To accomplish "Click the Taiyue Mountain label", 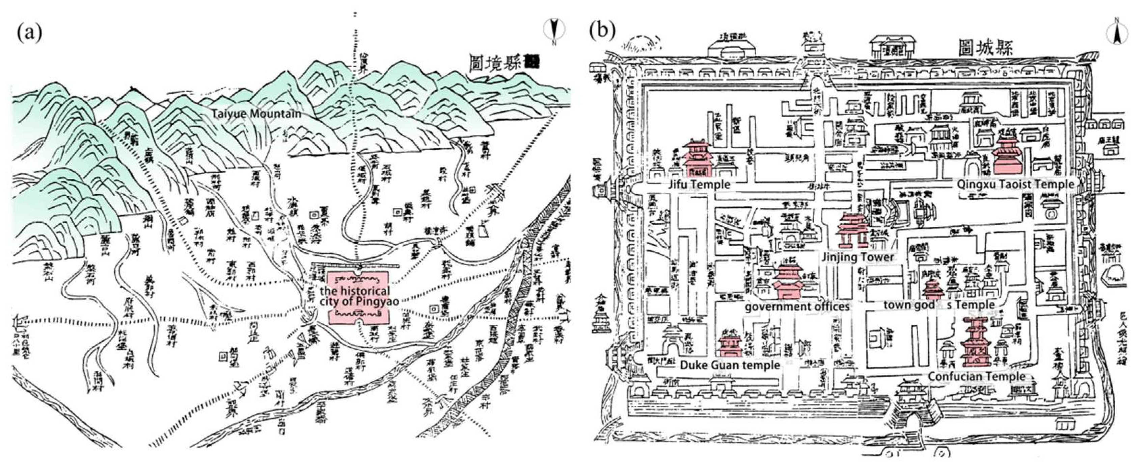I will tap(256, 114).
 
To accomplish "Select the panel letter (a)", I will tap(29, 32).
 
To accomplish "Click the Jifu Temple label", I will tap(699, 184).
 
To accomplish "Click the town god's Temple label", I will tap(939, 305).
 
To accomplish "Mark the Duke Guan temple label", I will tap(730, 365).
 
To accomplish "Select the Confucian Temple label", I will tap(977, 376).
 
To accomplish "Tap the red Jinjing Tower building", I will tap(852, 230).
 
